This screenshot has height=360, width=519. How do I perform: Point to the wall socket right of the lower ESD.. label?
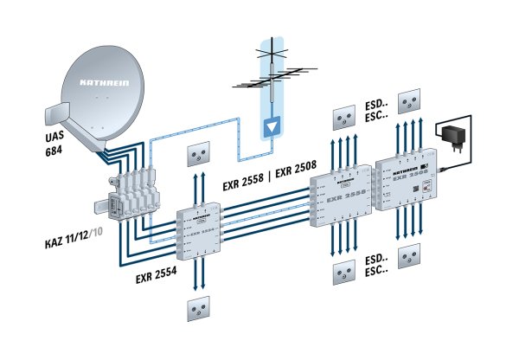[x=411, y=258]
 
